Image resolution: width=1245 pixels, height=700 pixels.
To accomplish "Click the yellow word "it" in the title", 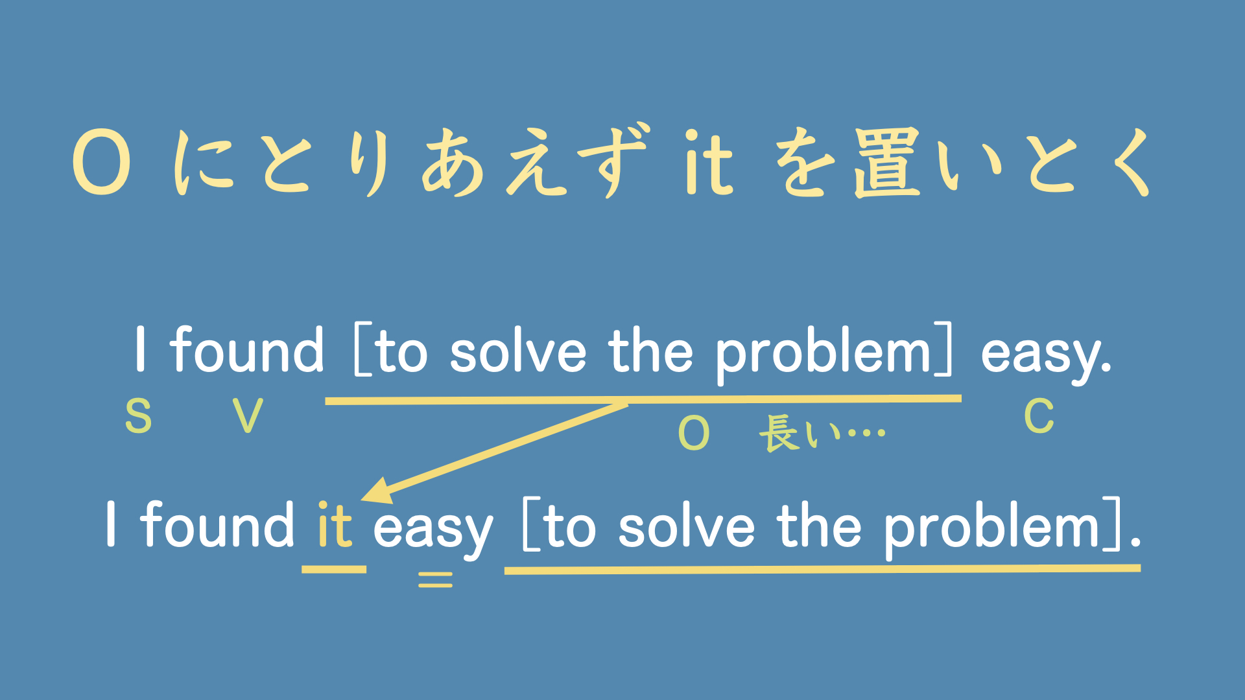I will tap(709, 162).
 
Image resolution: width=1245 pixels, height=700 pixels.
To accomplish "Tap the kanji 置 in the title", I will tap(887, 162).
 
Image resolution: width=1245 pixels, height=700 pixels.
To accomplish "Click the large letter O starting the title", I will tap(102, 162).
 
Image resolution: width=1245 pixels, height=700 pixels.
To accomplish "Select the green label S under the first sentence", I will tap(138, 416).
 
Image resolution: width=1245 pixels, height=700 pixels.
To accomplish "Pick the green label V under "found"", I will tap(248, 416).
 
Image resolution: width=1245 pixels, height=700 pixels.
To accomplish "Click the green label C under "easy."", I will tap(1039, 416).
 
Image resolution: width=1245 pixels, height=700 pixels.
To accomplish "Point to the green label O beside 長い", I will tap(694, 433).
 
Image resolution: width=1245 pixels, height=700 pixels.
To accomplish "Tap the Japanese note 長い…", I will tap(822, 433).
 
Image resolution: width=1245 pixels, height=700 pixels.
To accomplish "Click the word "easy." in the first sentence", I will tap(1046, 353).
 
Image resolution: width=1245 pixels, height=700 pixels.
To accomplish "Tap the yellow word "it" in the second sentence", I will tap(335, 525).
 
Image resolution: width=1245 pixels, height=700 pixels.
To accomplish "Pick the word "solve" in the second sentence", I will tap(687, 526).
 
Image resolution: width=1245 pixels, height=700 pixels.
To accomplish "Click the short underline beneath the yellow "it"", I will tap(334, 570).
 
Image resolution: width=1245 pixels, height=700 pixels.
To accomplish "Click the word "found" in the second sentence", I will tap(218, 525).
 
